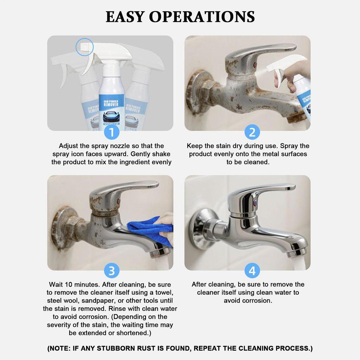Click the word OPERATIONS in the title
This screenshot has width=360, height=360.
(202, 17)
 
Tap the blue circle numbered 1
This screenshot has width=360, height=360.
(111, 133)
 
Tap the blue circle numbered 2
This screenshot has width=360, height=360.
(252, 133)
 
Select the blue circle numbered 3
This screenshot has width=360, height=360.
(111, 271)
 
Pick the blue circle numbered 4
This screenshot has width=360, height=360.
(252, 271)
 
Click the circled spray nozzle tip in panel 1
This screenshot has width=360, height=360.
(84, 47)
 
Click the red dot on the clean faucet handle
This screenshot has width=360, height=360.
(256, 203)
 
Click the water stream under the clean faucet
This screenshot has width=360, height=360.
(300, 264)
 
